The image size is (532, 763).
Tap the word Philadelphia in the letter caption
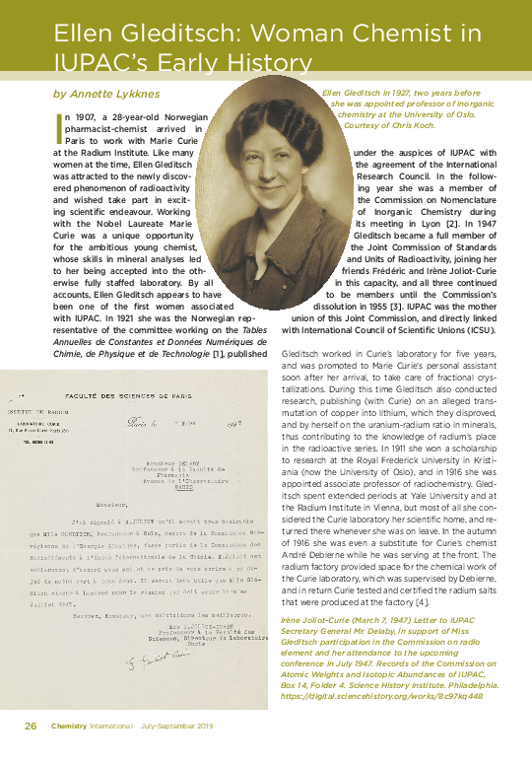pyautogui.click(x=475, y=684)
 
